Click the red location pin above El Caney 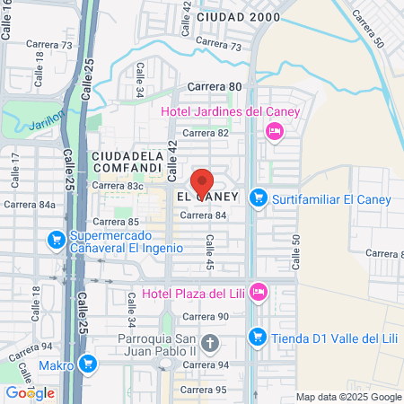(202, 179)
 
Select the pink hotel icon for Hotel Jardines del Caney (275, 132)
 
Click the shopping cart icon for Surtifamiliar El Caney (259, 197)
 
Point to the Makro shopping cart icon (87, 364)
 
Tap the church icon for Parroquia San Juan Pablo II (210, 343)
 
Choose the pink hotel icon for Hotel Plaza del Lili (259, 292)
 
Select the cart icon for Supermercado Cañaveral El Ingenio (54, 240)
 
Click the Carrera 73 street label (218, 46)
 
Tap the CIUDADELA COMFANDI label (127, 161)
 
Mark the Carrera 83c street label (118, 186)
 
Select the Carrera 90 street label (206, 316)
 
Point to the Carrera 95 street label (202, 389)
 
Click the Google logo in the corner (30, 392)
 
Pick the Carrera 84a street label (34, 205)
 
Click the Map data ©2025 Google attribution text (349, 397)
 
